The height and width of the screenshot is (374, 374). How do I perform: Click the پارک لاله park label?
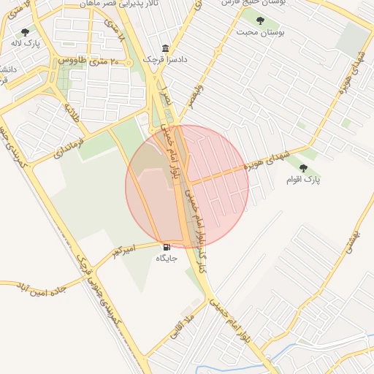(x=26, y=44)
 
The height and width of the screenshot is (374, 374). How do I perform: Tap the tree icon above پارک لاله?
(x=26, y=32)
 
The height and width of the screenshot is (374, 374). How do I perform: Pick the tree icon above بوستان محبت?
(x=261, y=21)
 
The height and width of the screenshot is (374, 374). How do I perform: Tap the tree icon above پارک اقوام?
(x=303, y=168)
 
